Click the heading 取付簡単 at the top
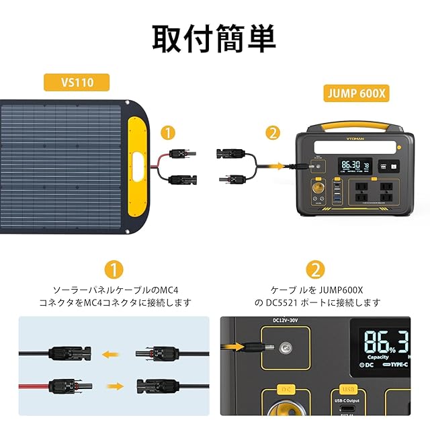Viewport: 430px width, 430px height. click(x=214, y=38)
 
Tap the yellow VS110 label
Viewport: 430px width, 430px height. click(x=77, y=83)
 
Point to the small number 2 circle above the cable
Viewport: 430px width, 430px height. click(x=272, y=133)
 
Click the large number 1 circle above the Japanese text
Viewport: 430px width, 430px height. click(x=114, y=270)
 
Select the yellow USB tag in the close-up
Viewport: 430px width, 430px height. click(x=348, y=389)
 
